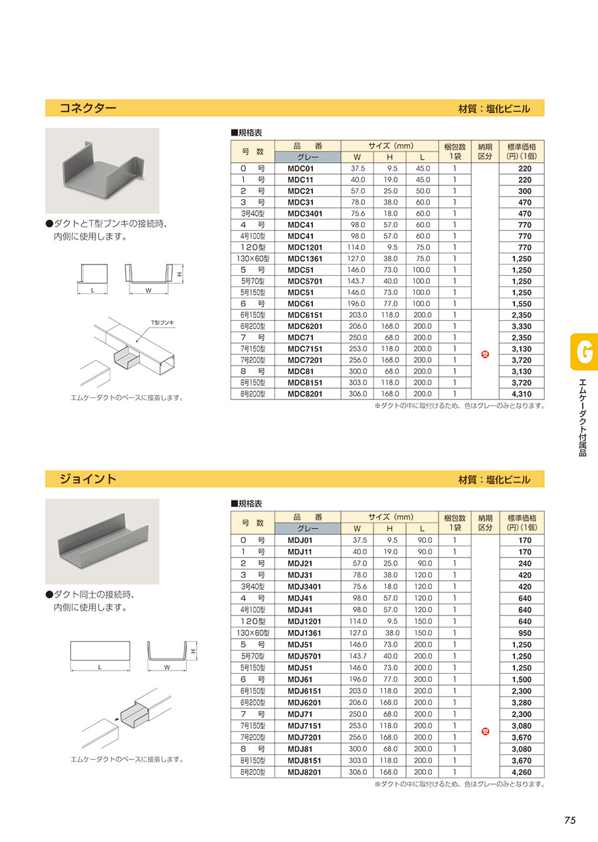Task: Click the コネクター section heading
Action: tap(88, 108)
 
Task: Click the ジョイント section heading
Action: tap(88, 478)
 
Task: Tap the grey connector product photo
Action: tap(102, 170)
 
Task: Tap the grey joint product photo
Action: tap(102, 541)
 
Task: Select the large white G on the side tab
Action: tap(584, 352)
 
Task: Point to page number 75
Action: tap(569, 820)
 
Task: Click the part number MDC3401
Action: tap(304, 214)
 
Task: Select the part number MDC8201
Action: tap(304, 394)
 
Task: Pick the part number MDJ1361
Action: tap(304, 633)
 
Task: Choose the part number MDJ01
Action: tap(300, 540)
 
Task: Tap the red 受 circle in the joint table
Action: tap(485, 731)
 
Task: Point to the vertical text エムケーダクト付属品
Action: tap(583, 417)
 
